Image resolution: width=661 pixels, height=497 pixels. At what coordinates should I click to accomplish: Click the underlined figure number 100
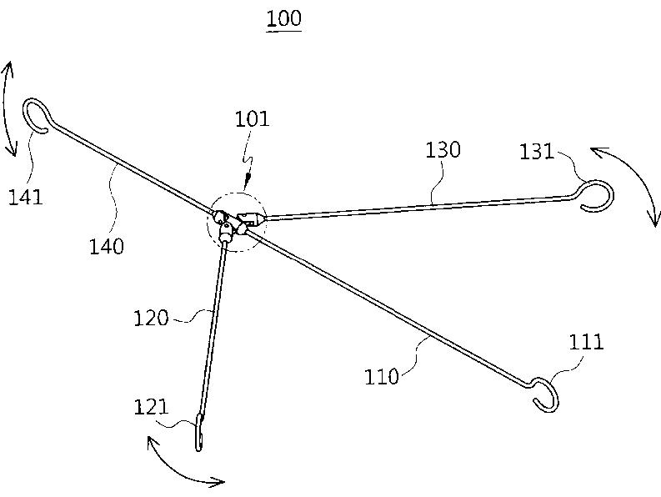[x=283, y=18]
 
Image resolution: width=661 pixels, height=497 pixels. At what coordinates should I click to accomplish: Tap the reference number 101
[x=252, y=119]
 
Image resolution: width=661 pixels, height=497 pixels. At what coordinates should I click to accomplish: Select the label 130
[x=443, y=150]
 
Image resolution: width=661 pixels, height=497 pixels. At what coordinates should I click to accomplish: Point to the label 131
[x=538, y=152]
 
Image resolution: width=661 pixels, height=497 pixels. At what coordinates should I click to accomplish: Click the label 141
[x=26, y=197]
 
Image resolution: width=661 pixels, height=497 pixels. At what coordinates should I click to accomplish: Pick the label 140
[x=107, y=246]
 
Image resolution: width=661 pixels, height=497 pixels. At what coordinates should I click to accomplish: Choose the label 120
[x=150, y=318]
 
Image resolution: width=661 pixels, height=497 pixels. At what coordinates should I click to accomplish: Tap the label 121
[x=151, y=408]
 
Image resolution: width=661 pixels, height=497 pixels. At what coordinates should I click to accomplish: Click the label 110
[x=381, y=376]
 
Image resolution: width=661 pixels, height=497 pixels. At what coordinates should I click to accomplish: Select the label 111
[x=586, y=342]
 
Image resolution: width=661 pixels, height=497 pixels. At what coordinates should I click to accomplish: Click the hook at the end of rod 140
[x=35, y=116]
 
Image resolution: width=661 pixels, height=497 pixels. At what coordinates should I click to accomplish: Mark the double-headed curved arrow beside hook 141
[x=10, y=108]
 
